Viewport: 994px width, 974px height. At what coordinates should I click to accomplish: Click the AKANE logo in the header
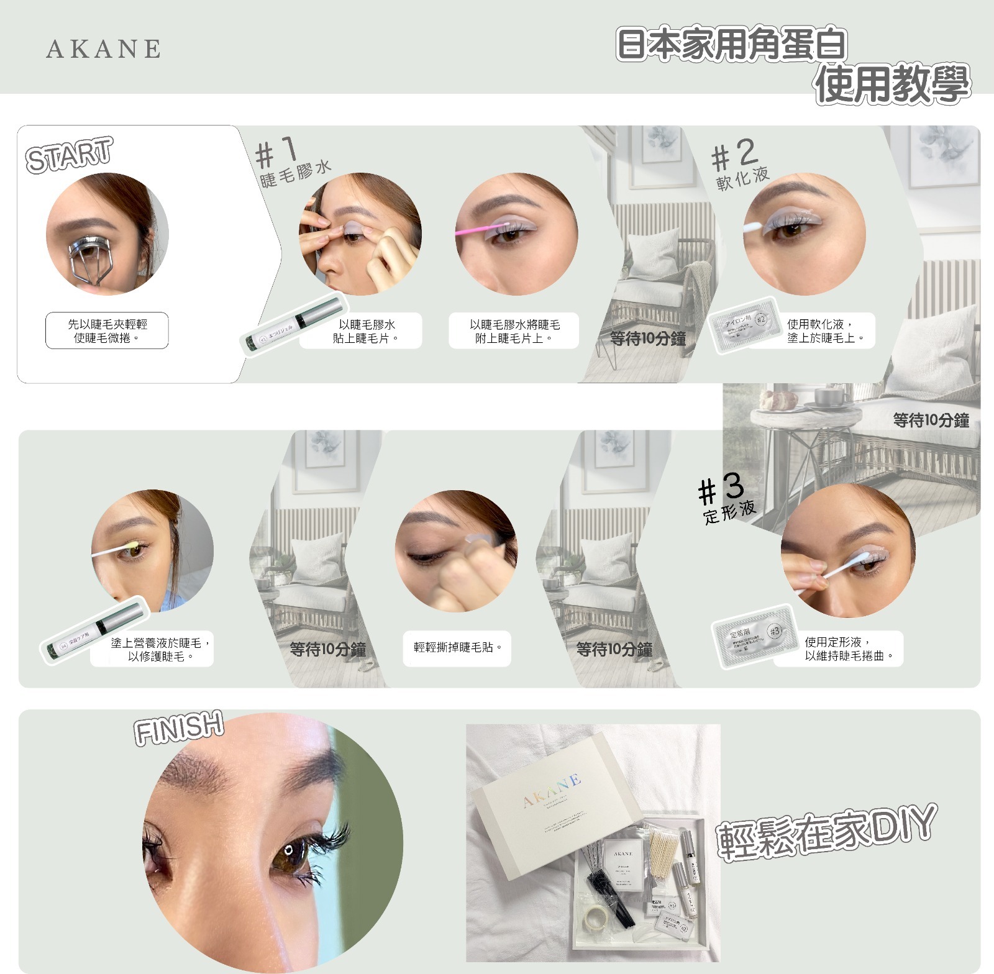(103, 48)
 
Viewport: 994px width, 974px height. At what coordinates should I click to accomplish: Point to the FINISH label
(179, 727)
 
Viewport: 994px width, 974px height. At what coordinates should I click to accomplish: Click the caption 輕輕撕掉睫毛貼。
(457, 648)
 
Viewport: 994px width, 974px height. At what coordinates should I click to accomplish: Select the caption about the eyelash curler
(107, 330)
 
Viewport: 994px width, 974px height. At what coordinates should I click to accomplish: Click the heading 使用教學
(892, 84)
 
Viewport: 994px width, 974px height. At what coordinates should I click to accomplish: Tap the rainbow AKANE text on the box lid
(552, 791)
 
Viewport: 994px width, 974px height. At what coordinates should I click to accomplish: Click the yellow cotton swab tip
(132, 545)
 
